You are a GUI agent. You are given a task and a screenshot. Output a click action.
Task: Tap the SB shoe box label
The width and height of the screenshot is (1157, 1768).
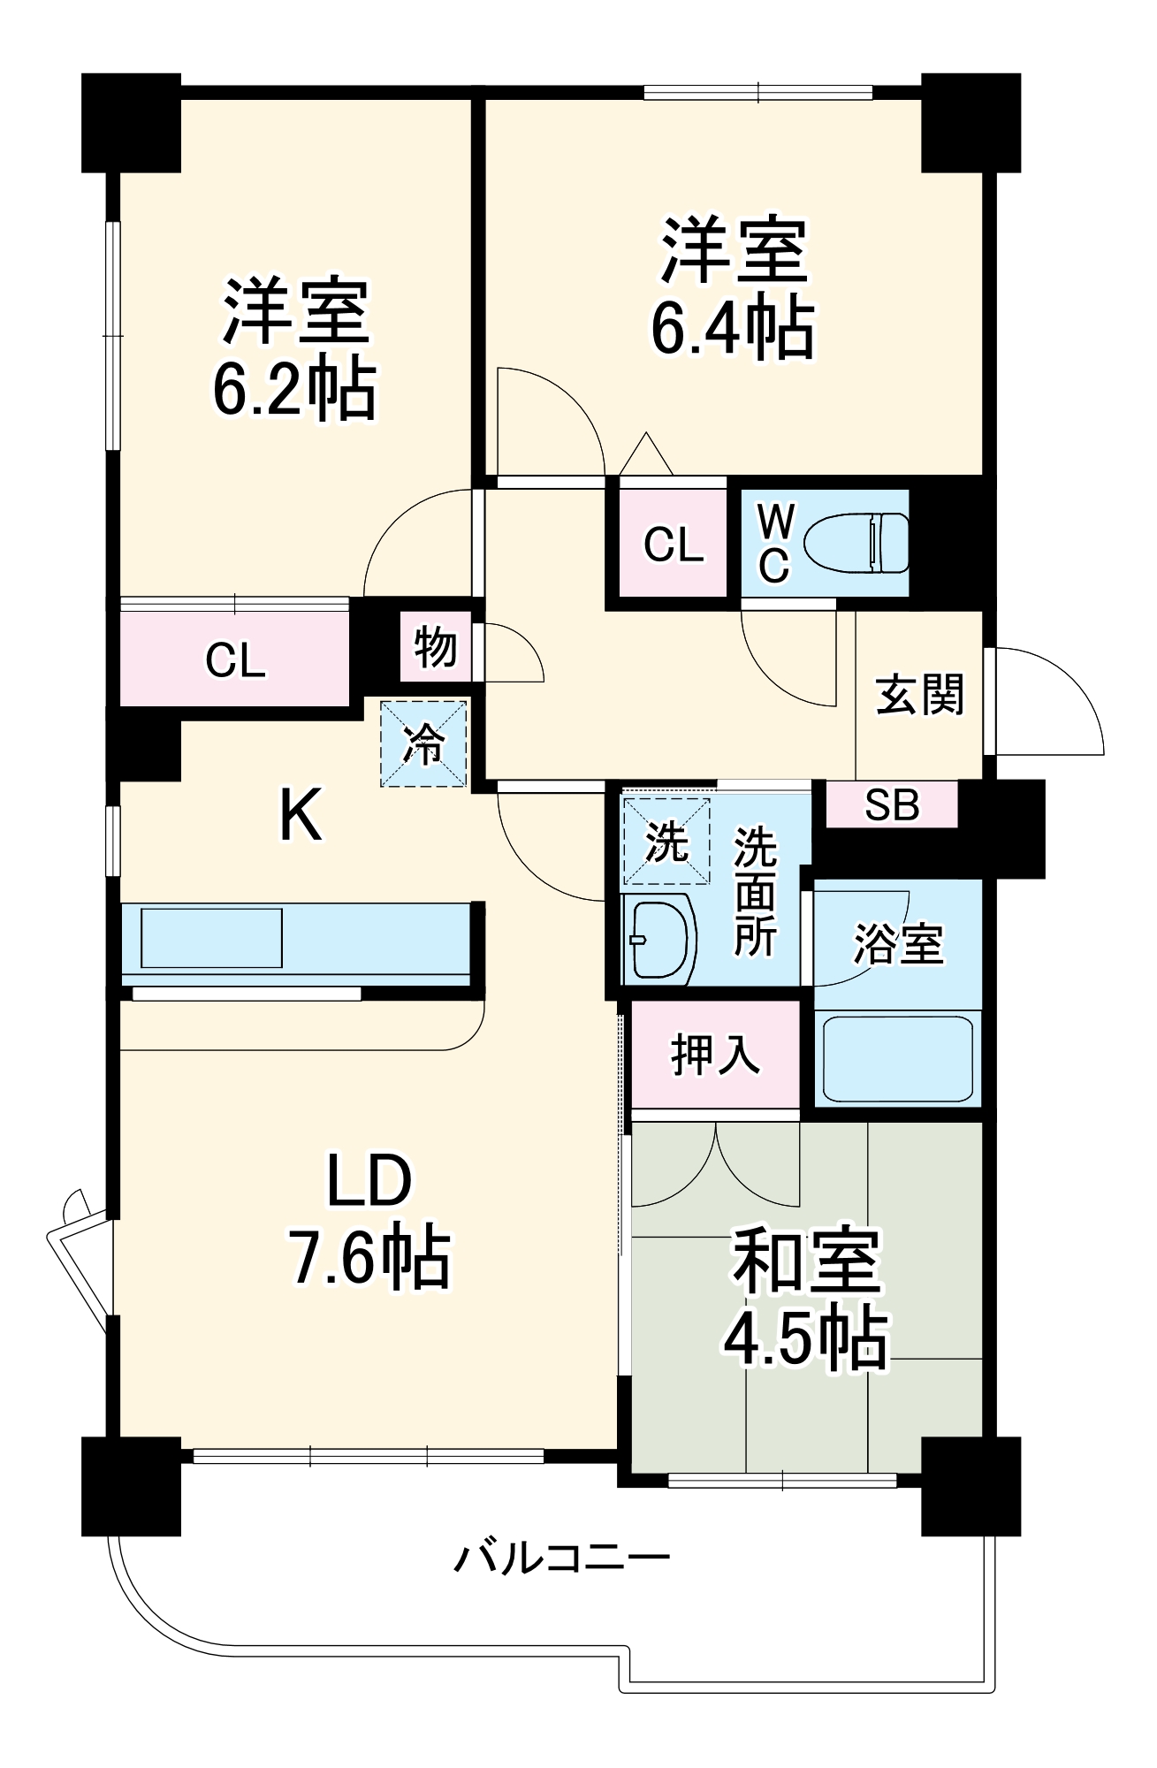892,805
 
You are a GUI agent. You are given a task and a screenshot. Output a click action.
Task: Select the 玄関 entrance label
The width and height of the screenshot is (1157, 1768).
919,695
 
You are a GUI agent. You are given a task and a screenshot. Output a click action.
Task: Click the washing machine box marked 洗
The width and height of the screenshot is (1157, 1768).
666,841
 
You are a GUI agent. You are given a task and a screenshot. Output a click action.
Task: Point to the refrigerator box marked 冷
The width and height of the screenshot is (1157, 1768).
423,743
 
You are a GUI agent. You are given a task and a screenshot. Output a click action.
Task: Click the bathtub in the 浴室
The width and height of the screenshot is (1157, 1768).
897,1058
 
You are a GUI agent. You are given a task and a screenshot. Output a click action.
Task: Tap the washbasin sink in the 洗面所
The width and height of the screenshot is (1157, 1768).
659,939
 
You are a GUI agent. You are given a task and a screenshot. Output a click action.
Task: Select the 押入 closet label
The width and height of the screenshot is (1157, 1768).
715,1055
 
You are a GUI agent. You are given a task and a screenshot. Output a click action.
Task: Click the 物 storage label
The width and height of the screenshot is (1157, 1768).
435,649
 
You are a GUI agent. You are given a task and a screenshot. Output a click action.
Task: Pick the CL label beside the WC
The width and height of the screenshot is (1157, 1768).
674,545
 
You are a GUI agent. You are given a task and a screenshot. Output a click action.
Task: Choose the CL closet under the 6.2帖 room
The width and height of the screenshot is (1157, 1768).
235,659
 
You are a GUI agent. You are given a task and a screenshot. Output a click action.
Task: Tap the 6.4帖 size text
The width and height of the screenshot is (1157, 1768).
733,328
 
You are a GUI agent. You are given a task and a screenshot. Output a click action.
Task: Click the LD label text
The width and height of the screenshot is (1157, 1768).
369,1180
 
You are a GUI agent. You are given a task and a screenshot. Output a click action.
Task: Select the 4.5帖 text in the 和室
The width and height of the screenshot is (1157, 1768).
805,1339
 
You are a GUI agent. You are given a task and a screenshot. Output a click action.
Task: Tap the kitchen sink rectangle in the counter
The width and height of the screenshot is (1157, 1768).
211,938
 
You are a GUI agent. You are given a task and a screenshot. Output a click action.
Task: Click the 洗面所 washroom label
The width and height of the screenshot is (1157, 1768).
755,892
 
